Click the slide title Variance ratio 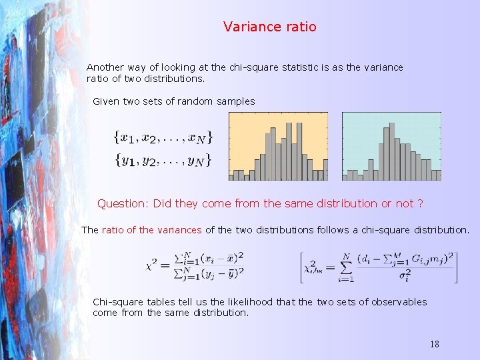coord(270,27)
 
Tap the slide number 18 coord(435,345)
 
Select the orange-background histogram coord(278,146)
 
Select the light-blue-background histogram coord(391,146)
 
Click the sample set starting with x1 coord(163,138)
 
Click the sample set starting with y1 coord(163,160)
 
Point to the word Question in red coord(122,203)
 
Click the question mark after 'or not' coord(421,203)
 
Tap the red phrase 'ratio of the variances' coord(151,230)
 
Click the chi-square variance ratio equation coord(195,265)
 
